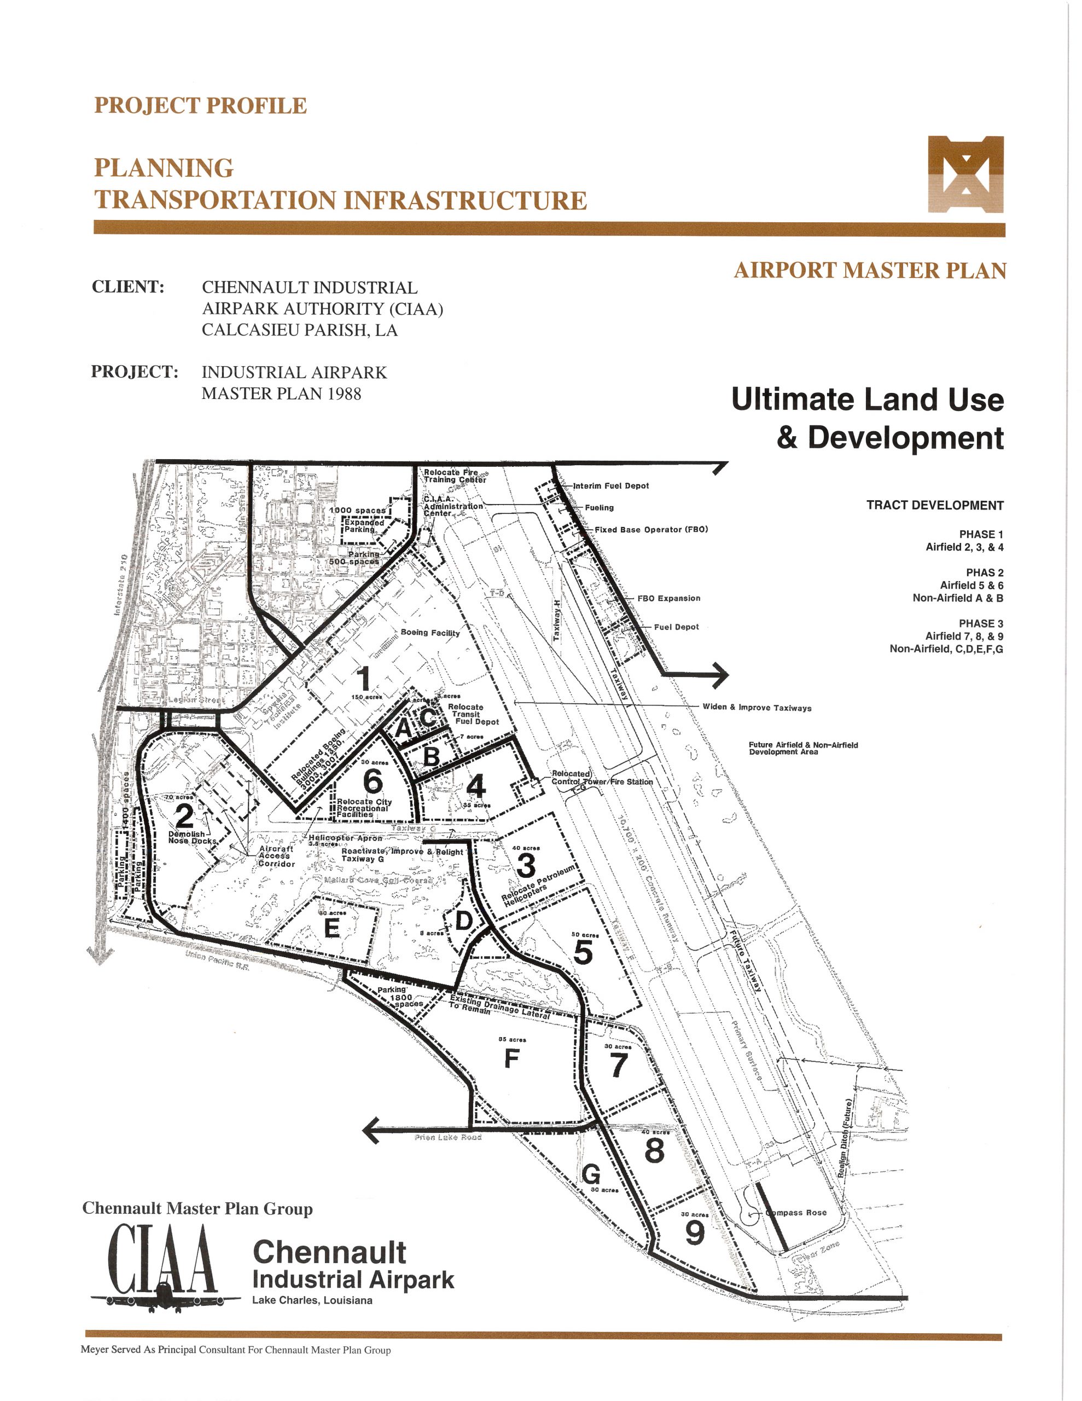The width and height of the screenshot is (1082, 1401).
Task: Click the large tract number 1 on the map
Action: pyautogui.click(x=363, y=679)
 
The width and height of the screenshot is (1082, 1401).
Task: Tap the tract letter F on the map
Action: pyautogui.click(x=511, y=1058)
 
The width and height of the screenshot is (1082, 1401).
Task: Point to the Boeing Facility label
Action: pyautogui.click(x=430, y=633)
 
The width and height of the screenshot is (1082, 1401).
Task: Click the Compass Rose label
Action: pyautogui.click(x=799, y=1212)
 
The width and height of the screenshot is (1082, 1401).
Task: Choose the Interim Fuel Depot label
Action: pyautogui.click(x=610, y=485)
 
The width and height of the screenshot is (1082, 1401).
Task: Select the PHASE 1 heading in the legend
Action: pyautogui.click(x=981, y=534)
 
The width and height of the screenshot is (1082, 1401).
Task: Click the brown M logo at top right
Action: pyautogui.click(x=965, y=174)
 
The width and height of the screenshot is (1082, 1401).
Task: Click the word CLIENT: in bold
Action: pyautogui.click(x=128, y=287)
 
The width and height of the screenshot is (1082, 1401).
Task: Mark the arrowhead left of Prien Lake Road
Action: pyautogui.click(x=371, y=1130)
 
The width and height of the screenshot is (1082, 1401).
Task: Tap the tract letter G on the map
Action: pyautogui.click(x=591, y=1173)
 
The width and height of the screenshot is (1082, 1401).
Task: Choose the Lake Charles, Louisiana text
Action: pyautogui.click(x=312, y=1300)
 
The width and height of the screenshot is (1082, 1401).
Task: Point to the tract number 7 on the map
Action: pyautogui.click(x=618, y=1066)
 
